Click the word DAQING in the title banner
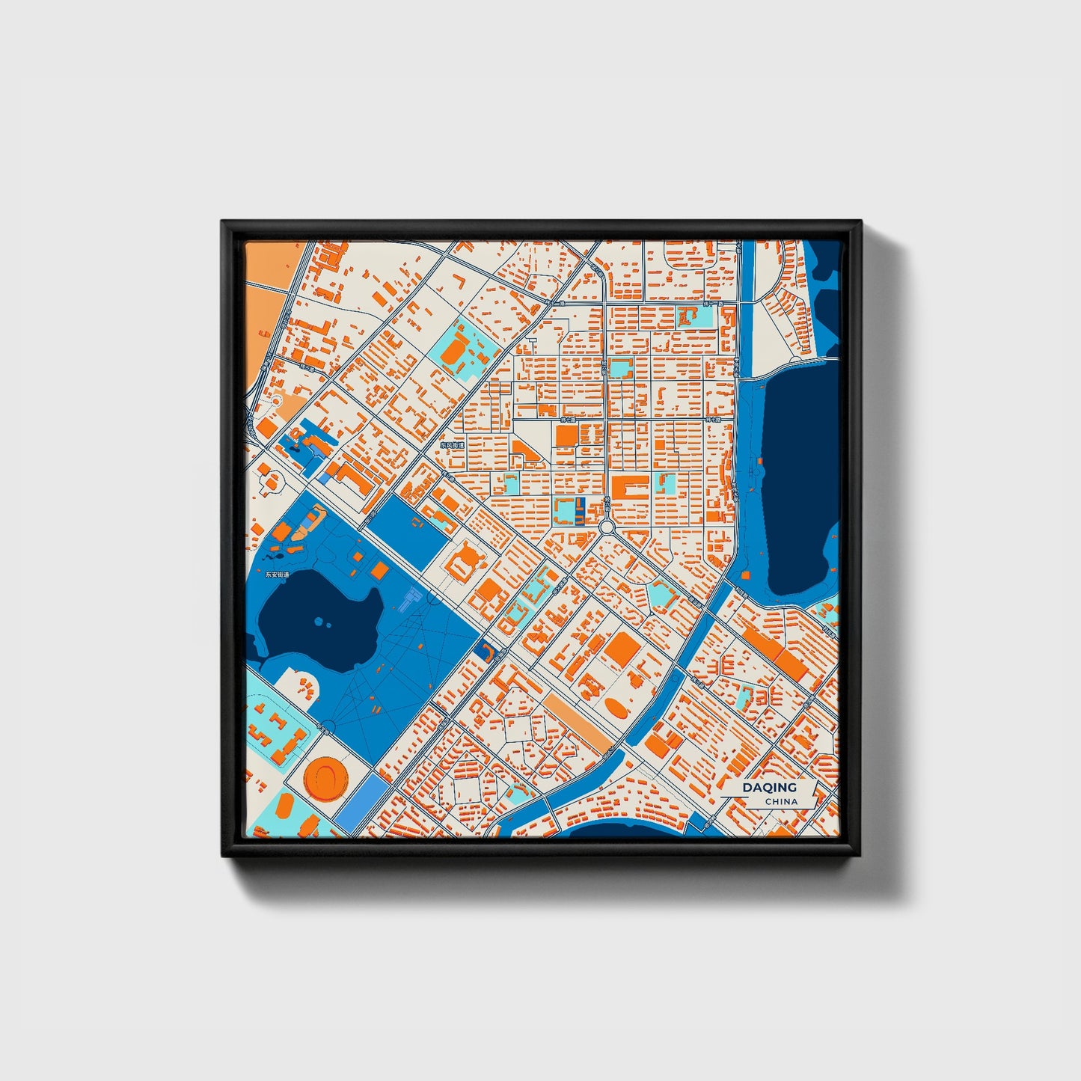pos(769,787)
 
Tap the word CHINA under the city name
pos(781,801)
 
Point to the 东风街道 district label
pos(452,444)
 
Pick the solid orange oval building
pos(616,707)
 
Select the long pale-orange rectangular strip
pos(577,721)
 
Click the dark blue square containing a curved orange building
pos(485,652)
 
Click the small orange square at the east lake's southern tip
pos(746,575)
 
